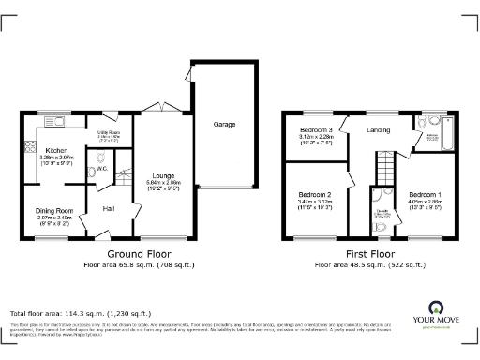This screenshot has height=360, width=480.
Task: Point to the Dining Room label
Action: (x=54, y=211)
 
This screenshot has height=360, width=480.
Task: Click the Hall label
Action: (x=109, y=208)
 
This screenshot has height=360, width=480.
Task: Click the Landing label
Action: (x=378, y=129)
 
